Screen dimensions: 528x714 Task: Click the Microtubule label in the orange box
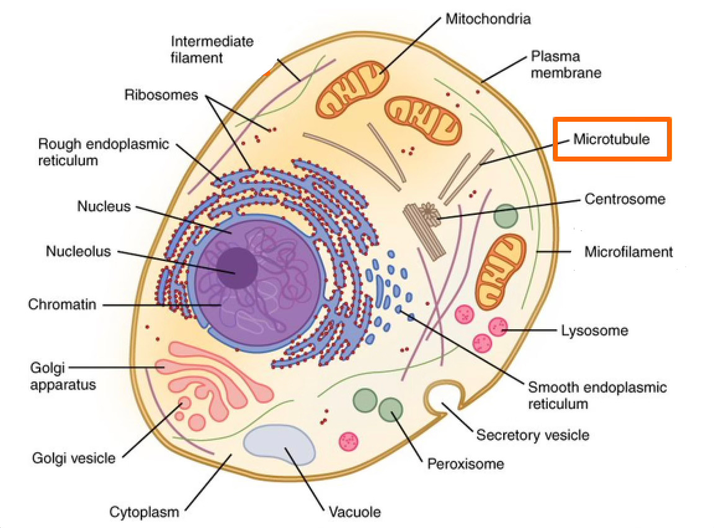(611, 139)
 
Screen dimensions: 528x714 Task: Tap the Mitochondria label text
(488, 19)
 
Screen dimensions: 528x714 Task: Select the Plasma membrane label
(565, 65)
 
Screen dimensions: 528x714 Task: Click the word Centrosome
(624, 199)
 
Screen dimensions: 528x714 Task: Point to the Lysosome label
(594, 330)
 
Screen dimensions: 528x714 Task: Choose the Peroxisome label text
(465, 463)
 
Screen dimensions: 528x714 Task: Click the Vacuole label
(354, 512)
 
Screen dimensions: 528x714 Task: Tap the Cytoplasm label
(144, 512)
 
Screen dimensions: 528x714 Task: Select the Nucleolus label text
(78, 252)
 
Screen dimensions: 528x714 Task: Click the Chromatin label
(62, 305)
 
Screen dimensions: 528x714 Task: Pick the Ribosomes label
(161, 95)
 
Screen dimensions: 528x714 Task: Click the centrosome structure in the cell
(426, 224)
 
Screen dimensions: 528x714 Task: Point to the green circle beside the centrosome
(506, 216)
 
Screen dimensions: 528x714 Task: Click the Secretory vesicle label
(532, 434)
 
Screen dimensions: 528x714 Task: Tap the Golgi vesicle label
(73, 458)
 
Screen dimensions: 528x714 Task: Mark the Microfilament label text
(628, 252)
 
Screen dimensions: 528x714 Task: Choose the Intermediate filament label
(212, 49)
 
